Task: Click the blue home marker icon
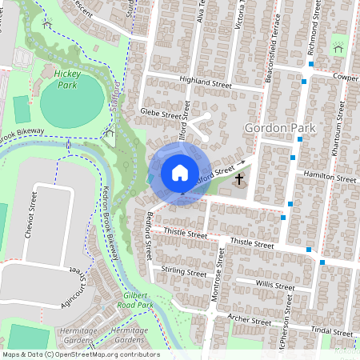click(179, 173)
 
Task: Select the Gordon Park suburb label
click(280, 128)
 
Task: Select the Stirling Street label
click(184, 272)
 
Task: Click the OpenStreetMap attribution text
click(80, 354)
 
